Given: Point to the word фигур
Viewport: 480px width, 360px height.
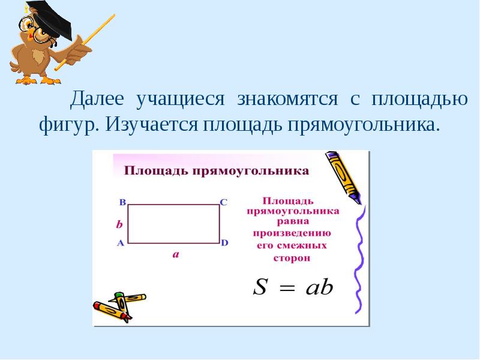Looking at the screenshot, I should (68, 125).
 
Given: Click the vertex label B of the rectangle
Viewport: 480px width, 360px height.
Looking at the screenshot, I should (122, 202).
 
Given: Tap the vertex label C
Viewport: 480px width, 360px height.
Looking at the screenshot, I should (224, 202).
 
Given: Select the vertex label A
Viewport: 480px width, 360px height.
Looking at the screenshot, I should (121, 243).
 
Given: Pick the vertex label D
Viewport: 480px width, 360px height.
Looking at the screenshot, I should (224, 243).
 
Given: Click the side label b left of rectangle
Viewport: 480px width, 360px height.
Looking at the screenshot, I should (119, 224).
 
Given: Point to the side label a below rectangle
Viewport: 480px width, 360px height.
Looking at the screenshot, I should (176, 254).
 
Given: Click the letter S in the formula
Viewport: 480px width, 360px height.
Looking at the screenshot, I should (260, 287).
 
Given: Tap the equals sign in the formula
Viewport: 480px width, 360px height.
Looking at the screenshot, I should (288, 289).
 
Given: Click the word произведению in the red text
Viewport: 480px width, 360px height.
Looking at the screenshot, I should (292, 233).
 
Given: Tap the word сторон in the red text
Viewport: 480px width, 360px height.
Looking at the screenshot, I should (292, 258).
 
